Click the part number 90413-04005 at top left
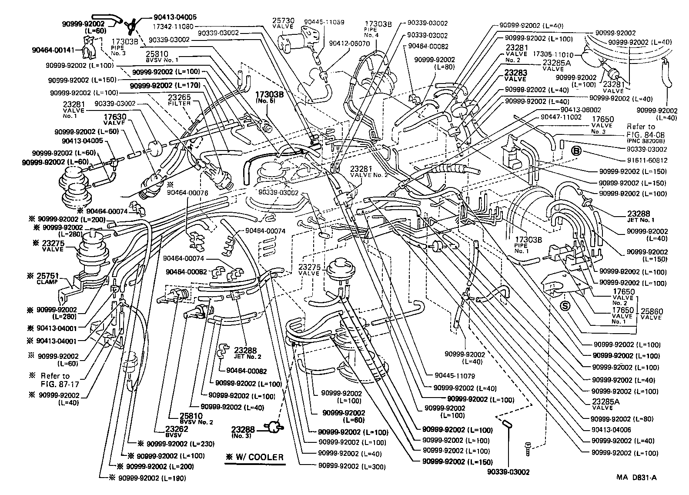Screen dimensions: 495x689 click(175, 17)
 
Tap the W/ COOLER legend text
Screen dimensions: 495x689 click(255, 457)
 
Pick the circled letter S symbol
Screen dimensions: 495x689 click(565, 306)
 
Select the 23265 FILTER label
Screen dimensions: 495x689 click(180, 100)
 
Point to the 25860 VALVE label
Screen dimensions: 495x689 click(651, 314)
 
